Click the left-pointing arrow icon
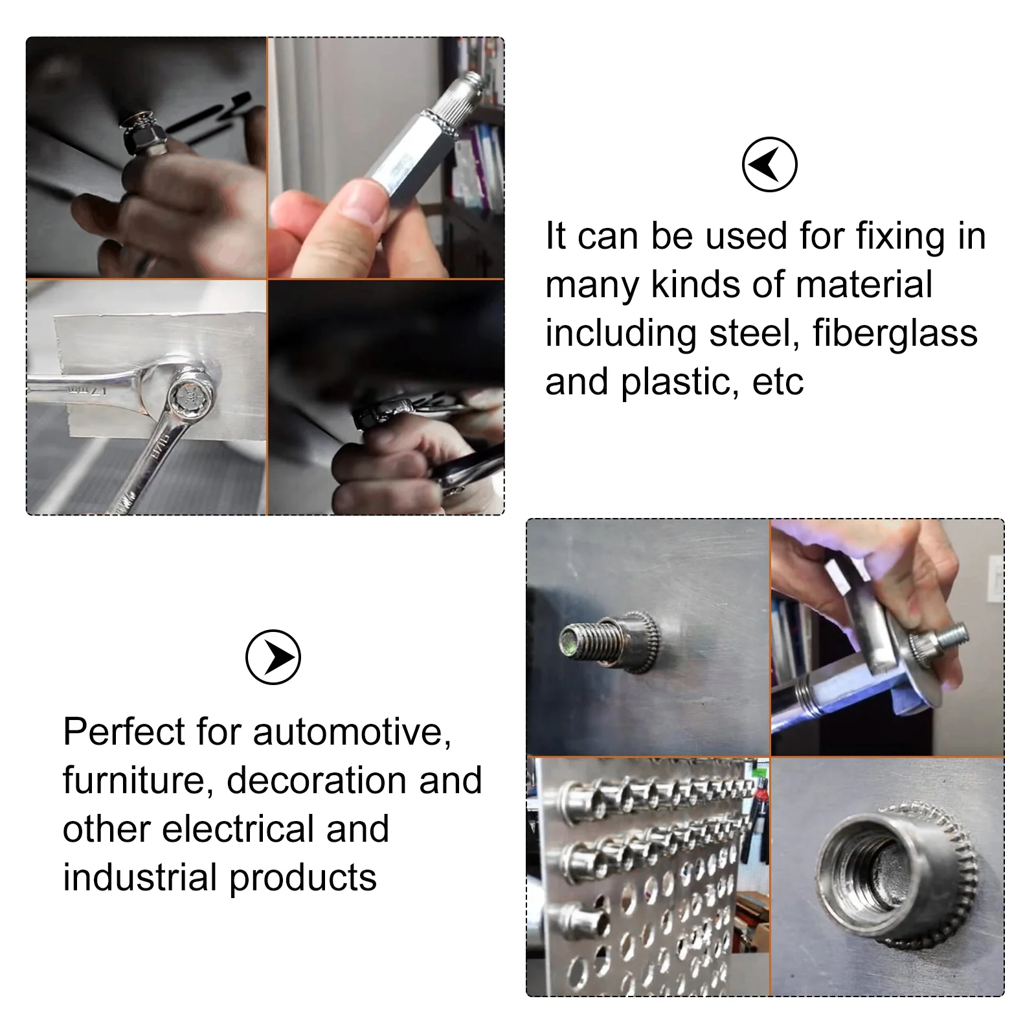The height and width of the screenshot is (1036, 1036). [769, 164]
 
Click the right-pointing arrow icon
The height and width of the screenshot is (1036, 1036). [273, 657]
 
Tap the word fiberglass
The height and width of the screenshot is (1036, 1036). [895, 334]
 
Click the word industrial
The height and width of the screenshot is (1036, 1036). [140, 877]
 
